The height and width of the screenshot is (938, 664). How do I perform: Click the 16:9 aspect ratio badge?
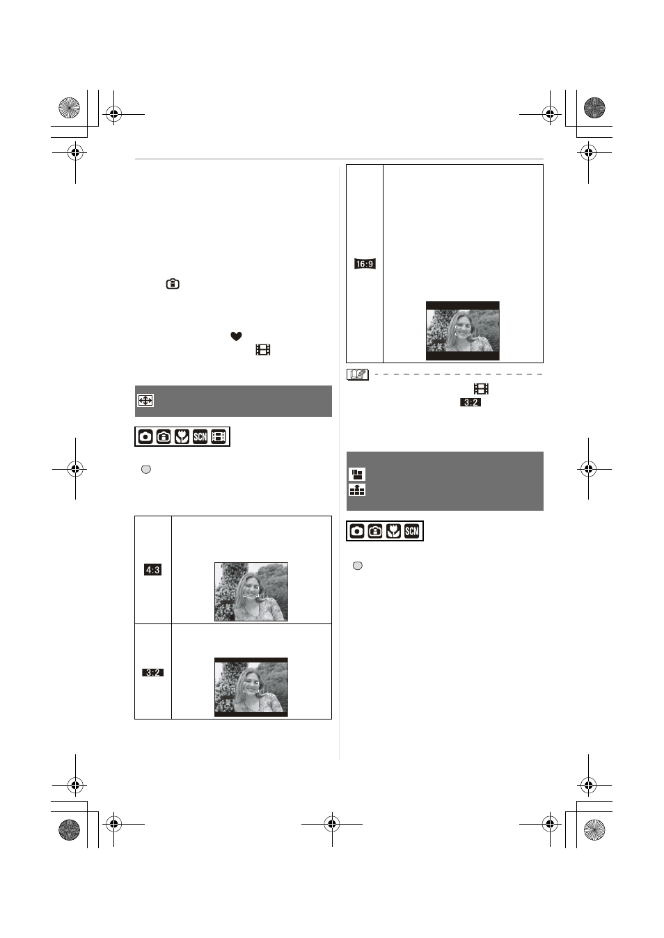365,264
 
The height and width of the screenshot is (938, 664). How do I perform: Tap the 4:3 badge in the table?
152,569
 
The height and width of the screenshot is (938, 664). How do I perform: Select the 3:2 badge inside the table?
152,672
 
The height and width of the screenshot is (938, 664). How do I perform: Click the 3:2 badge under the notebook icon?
471,402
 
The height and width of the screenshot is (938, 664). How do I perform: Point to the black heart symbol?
236,336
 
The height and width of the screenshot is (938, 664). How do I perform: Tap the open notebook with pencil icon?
358,374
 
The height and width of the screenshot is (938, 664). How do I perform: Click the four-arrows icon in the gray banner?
145,400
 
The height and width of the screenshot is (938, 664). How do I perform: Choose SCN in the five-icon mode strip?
200,437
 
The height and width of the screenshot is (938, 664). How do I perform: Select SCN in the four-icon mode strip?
412,531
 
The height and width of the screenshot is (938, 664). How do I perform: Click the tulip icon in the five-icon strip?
182,437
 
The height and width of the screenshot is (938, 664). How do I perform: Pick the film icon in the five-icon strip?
219,437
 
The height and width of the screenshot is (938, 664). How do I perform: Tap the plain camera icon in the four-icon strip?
357,531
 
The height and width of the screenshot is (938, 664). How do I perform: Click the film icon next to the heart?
263,349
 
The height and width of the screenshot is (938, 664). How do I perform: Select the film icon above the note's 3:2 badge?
481,389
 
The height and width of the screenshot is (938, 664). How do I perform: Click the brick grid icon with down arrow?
357,489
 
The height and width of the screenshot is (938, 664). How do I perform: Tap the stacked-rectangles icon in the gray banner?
357,474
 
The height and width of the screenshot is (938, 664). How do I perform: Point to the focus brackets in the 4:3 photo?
251,591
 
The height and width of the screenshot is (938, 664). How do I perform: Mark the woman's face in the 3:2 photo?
251,684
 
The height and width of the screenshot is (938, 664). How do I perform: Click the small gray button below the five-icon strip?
145,470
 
